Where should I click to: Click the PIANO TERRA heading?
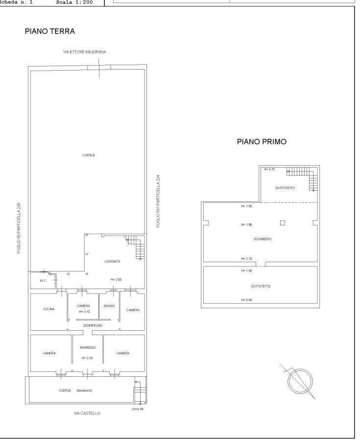click(x=50, y=31)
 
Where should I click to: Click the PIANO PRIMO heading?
click(x=262, y=142)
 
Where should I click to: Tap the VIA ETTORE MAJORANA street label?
click(x=85, y=52)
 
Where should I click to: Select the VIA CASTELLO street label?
click(x=87, y=413)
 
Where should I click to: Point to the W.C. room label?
click(x=43, y=281)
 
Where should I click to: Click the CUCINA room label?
click(x=49, y=309)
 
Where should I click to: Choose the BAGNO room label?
click(x=109, y=306)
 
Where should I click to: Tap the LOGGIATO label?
click(x=112, y=262)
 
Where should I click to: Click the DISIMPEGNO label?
click(x=93, y=325)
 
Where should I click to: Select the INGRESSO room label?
click(x=88, y=347)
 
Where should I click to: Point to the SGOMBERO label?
click(x=263, y=239)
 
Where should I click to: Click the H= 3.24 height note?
click(x=87, y=358)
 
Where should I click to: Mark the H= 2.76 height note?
click(x=246, y=259)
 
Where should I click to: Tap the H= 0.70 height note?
click(x=269, y=170)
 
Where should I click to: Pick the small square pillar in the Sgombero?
click(x=283, y=223)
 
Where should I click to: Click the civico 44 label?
click(x=138, y=409)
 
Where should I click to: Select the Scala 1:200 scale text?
click(x=74, y=2)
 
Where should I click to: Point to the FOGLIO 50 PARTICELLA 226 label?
click(x=19, y=228)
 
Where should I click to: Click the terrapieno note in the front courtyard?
click(x=84, y=391)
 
